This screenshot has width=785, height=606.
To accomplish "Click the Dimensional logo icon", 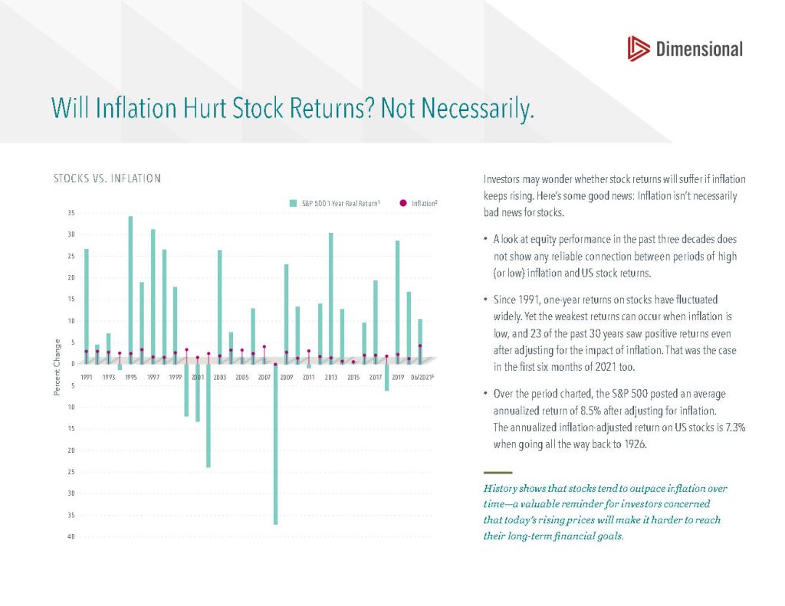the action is click(x=639, y=48).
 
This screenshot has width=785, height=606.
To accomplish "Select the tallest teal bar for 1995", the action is click(x=130, y=290).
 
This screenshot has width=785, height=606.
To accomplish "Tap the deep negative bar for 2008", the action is click(x=275, y=444).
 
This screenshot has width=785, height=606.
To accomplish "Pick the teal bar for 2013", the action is click(x=331, y=298).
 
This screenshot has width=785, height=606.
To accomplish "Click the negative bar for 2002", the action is click(x=209, y=415).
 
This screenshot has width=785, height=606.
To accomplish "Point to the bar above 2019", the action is click(x=398, y=303).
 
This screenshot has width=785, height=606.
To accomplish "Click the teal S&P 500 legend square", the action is click(x=294, y=203).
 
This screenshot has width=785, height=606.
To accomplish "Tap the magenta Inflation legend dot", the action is click(x=403, y=203).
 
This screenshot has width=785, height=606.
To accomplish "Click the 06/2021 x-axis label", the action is click(x=422, y=377).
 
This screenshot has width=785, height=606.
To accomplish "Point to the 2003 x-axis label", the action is click(x=220, y=377).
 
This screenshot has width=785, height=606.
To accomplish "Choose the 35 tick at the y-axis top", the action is click(x=71, y=213).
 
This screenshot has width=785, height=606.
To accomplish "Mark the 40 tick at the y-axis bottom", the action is click(x=71, y=536).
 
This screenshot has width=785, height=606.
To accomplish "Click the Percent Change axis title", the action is click(x=57, y=367).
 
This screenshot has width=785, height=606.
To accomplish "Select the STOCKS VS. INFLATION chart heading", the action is click(x=107, y=179).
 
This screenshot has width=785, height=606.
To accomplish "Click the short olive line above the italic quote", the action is click(x=498, y=473).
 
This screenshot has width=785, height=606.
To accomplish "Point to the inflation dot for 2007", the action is click(x=264, y=347).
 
